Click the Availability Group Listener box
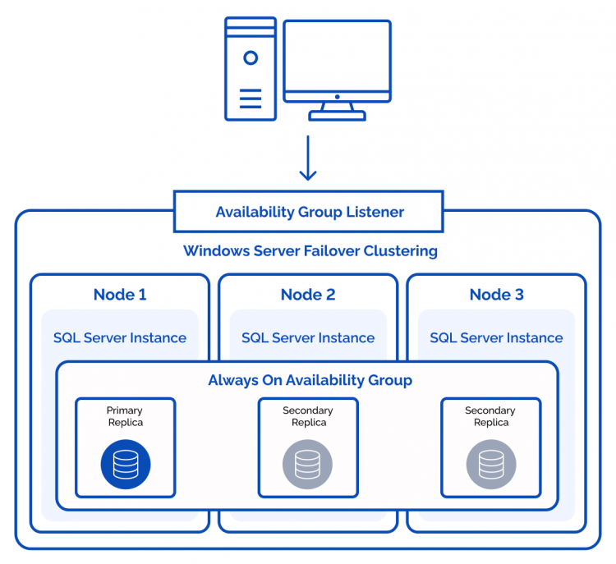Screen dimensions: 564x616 tap(309, 212)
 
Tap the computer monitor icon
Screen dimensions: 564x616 tap(337, 62)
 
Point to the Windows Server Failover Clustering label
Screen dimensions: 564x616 tap(310, 250)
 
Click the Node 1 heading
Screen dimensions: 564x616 tap(120, 294)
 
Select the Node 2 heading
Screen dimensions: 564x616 tap(308, 294)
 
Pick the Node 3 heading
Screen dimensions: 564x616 tap(496, 294)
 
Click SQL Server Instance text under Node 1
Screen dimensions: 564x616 tap(120, 337)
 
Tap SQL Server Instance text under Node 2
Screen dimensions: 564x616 tap(308, 337)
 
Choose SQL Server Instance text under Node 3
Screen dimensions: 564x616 tap(496, 337)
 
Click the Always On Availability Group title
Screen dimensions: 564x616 tap(310, 380)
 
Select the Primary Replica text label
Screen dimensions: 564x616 tap(125, 416)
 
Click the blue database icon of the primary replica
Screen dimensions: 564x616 tap(126, 464)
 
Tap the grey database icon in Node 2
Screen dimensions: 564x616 tap(308, 464)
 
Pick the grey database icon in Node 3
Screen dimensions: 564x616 tap(491, 464)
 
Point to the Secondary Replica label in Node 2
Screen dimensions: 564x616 tap(308, 416)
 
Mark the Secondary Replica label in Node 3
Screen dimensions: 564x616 tap(490, 416)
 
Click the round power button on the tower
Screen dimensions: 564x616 tap(251, 57)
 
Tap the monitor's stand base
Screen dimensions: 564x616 tap(337, 116)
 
